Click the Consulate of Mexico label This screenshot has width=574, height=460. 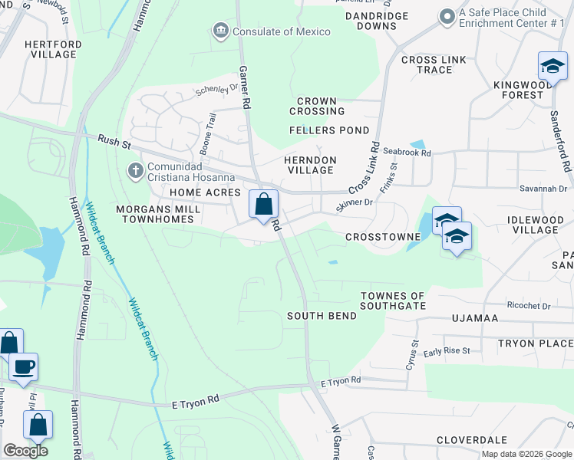coord(282,31)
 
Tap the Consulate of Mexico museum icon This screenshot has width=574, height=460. coord(221,31)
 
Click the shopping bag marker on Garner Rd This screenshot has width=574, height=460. coord(263,205)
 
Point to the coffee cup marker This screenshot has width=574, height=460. coord(23,367)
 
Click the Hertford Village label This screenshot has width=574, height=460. coord(53,50)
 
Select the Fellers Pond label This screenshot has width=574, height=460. coord(329,130)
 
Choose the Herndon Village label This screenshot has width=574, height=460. coord(310,165)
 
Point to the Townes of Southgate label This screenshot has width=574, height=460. coord(393,301)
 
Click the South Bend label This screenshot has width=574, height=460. coord(322,316)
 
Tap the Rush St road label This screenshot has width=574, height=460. coord(116,141)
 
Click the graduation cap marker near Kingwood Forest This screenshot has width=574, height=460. coord(553,67)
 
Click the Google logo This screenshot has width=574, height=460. coord(25,451)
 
